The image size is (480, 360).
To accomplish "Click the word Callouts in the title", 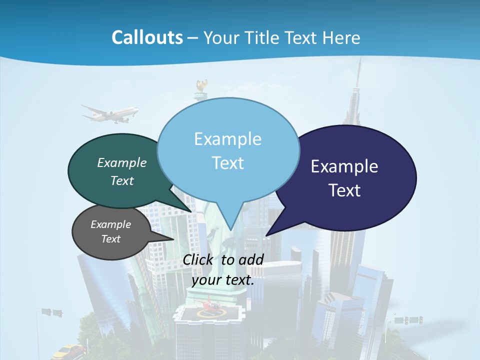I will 147,37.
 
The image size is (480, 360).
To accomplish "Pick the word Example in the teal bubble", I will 121,162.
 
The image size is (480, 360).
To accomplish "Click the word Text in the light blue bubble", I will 228,163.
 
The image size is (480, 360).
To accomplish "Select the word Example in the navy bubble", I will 344,166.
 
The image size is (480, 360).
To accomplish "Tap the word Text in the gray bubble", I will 111,238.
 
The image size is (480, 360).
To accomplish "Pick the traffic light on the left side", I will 52,312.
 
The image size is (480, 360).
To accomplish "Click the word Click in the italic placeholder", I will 198,259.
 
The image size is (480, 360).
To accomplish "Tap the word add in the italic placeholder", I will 251,259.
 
